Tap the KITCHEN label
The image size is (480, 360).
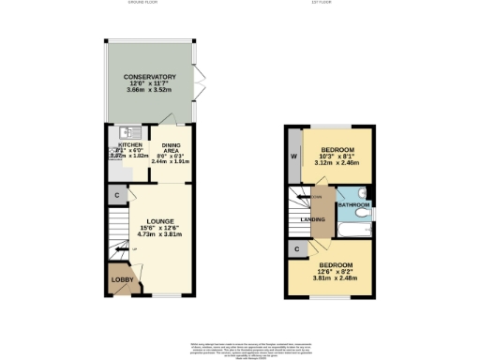pyautogui.click(x=128, y=145)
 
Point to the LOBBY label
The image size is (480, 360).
pyautogui.click(x=122, y=280)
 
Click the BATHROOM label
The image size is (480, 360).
pyautogui.click(x=352, y=203)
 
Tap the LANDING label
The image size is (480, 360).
pyautogui.click(x=313, y=220)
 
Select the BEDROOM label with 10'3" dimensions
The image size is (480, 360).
pyautogui.click(x=337, y=150)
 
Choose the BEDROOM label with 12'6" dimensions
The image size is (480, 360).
pyautogui.click(x=336, y=265)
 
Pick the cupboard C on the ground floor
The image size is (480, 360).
pyautogui.click(x=115, y=195)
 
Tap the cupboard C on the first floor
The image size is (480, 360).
pyautogui.click(x=296, y=248)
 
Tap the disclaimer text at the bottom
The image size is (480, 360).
pyautogui.click(x=240, y=349)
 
